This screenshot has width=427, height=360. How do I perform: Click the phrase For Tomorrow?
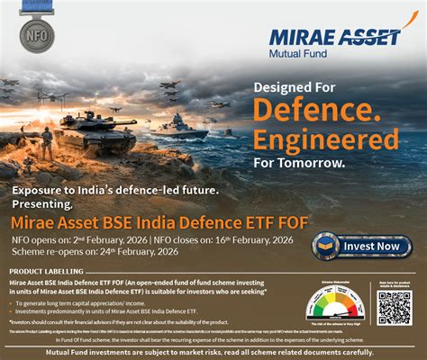point(298,163)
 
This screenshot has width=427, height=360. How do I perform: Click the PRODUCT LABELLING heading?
point(52,271)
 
